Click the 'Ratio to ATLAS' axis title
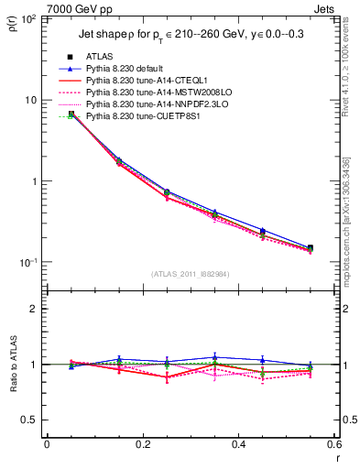[x=14, y=394]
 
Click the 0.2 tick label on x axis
[x=142, y=444]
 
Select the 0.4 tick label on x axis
[x=238, y=444]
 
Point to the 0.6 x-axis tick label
[x=333, y=444]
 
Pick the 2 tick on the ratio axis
[x=37, y=309]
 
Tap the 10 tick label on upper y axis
[x=32, y=100]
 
